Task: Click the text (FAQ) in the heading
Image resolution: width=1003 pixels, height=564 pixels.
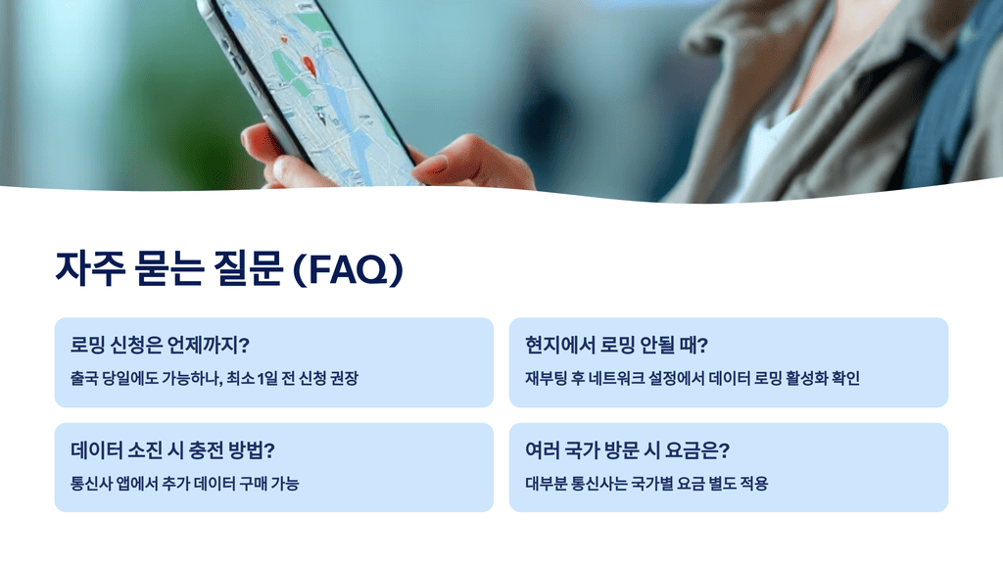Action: pos(348,269)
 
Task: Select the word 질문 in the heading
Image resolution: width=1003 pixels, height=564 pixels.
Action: pos(245,268)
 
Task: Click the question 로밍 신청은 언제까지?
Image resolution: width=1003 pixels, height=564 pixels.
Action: pos(160,346)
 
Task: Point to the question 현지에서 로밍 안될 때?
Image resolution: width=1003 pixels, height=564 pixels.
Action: pos(616,346)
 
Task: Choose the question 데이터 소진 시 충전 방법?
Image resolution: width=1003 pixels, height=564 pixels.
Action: pos(172,450)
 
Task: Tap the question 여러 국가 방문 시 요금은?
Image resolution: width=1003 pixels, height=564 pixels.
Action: pos(628,450)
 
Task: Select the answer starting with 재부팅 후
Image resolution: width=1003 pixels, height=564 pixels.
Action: pos(692,378)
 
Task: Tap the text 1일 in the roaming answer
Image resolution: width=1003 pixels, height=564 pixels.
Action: pos(268,378)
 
